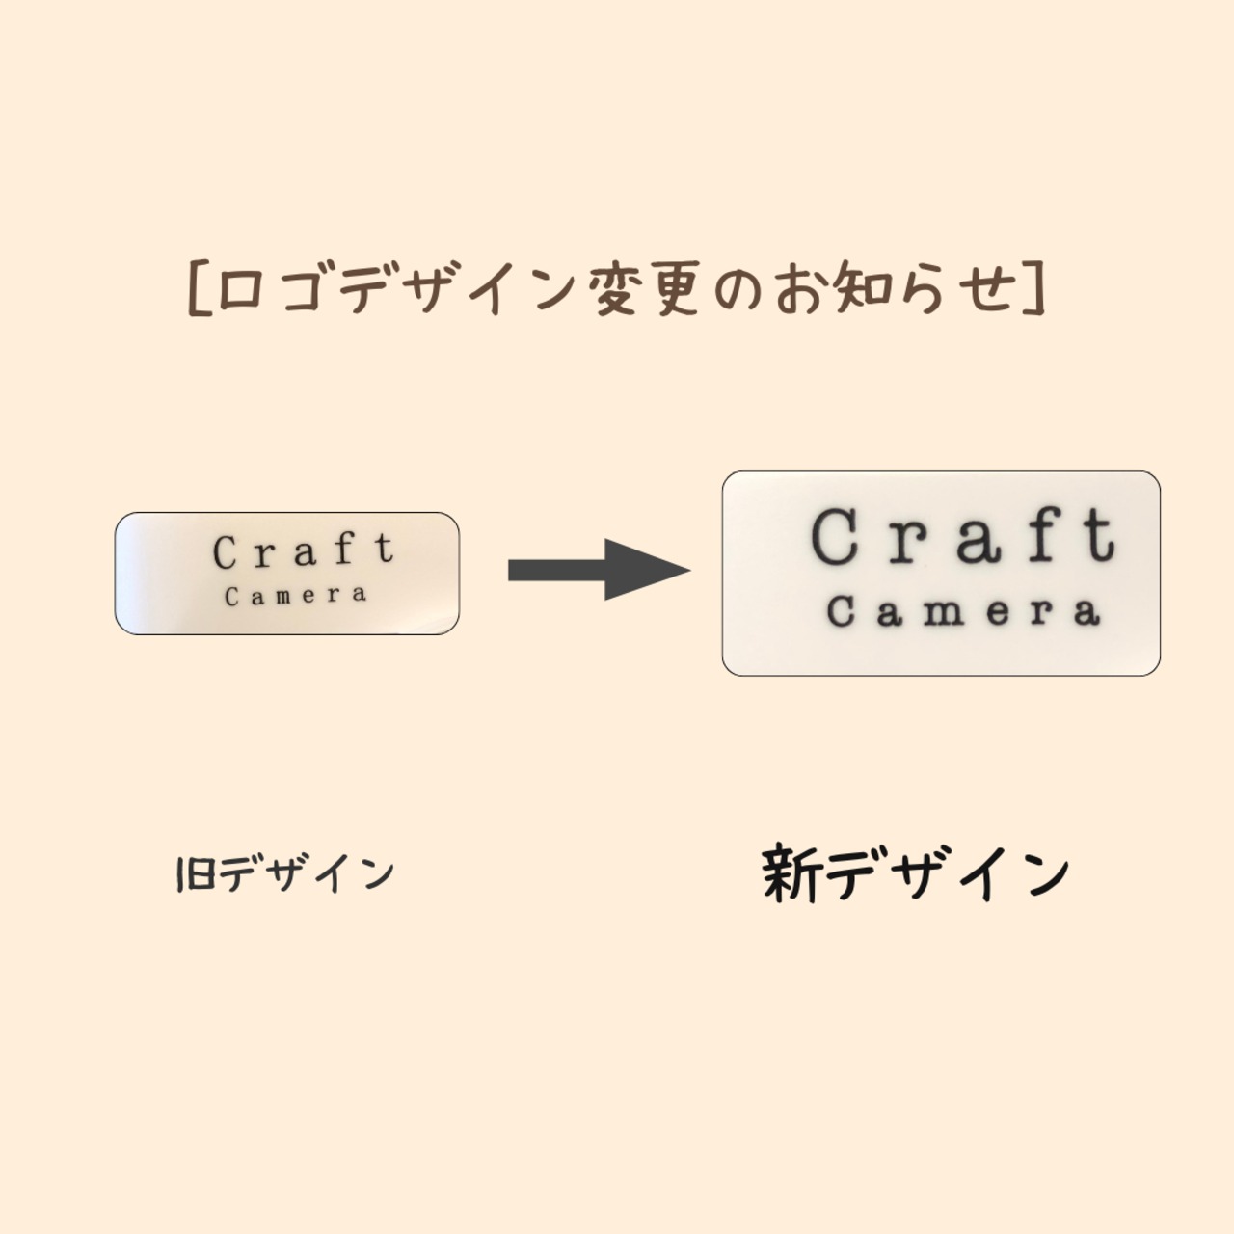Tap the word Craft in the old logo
(304, 551)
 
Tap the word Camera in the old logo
(296, 596)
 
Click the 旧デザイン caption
(285, 873)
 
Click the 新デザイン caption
(916, 873)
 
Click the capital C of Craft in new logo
(835, 536)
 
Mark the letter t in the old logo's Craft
(385, 550)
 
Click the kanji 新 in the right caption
(791, 873)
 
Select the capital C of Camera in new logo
(841, 611)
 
